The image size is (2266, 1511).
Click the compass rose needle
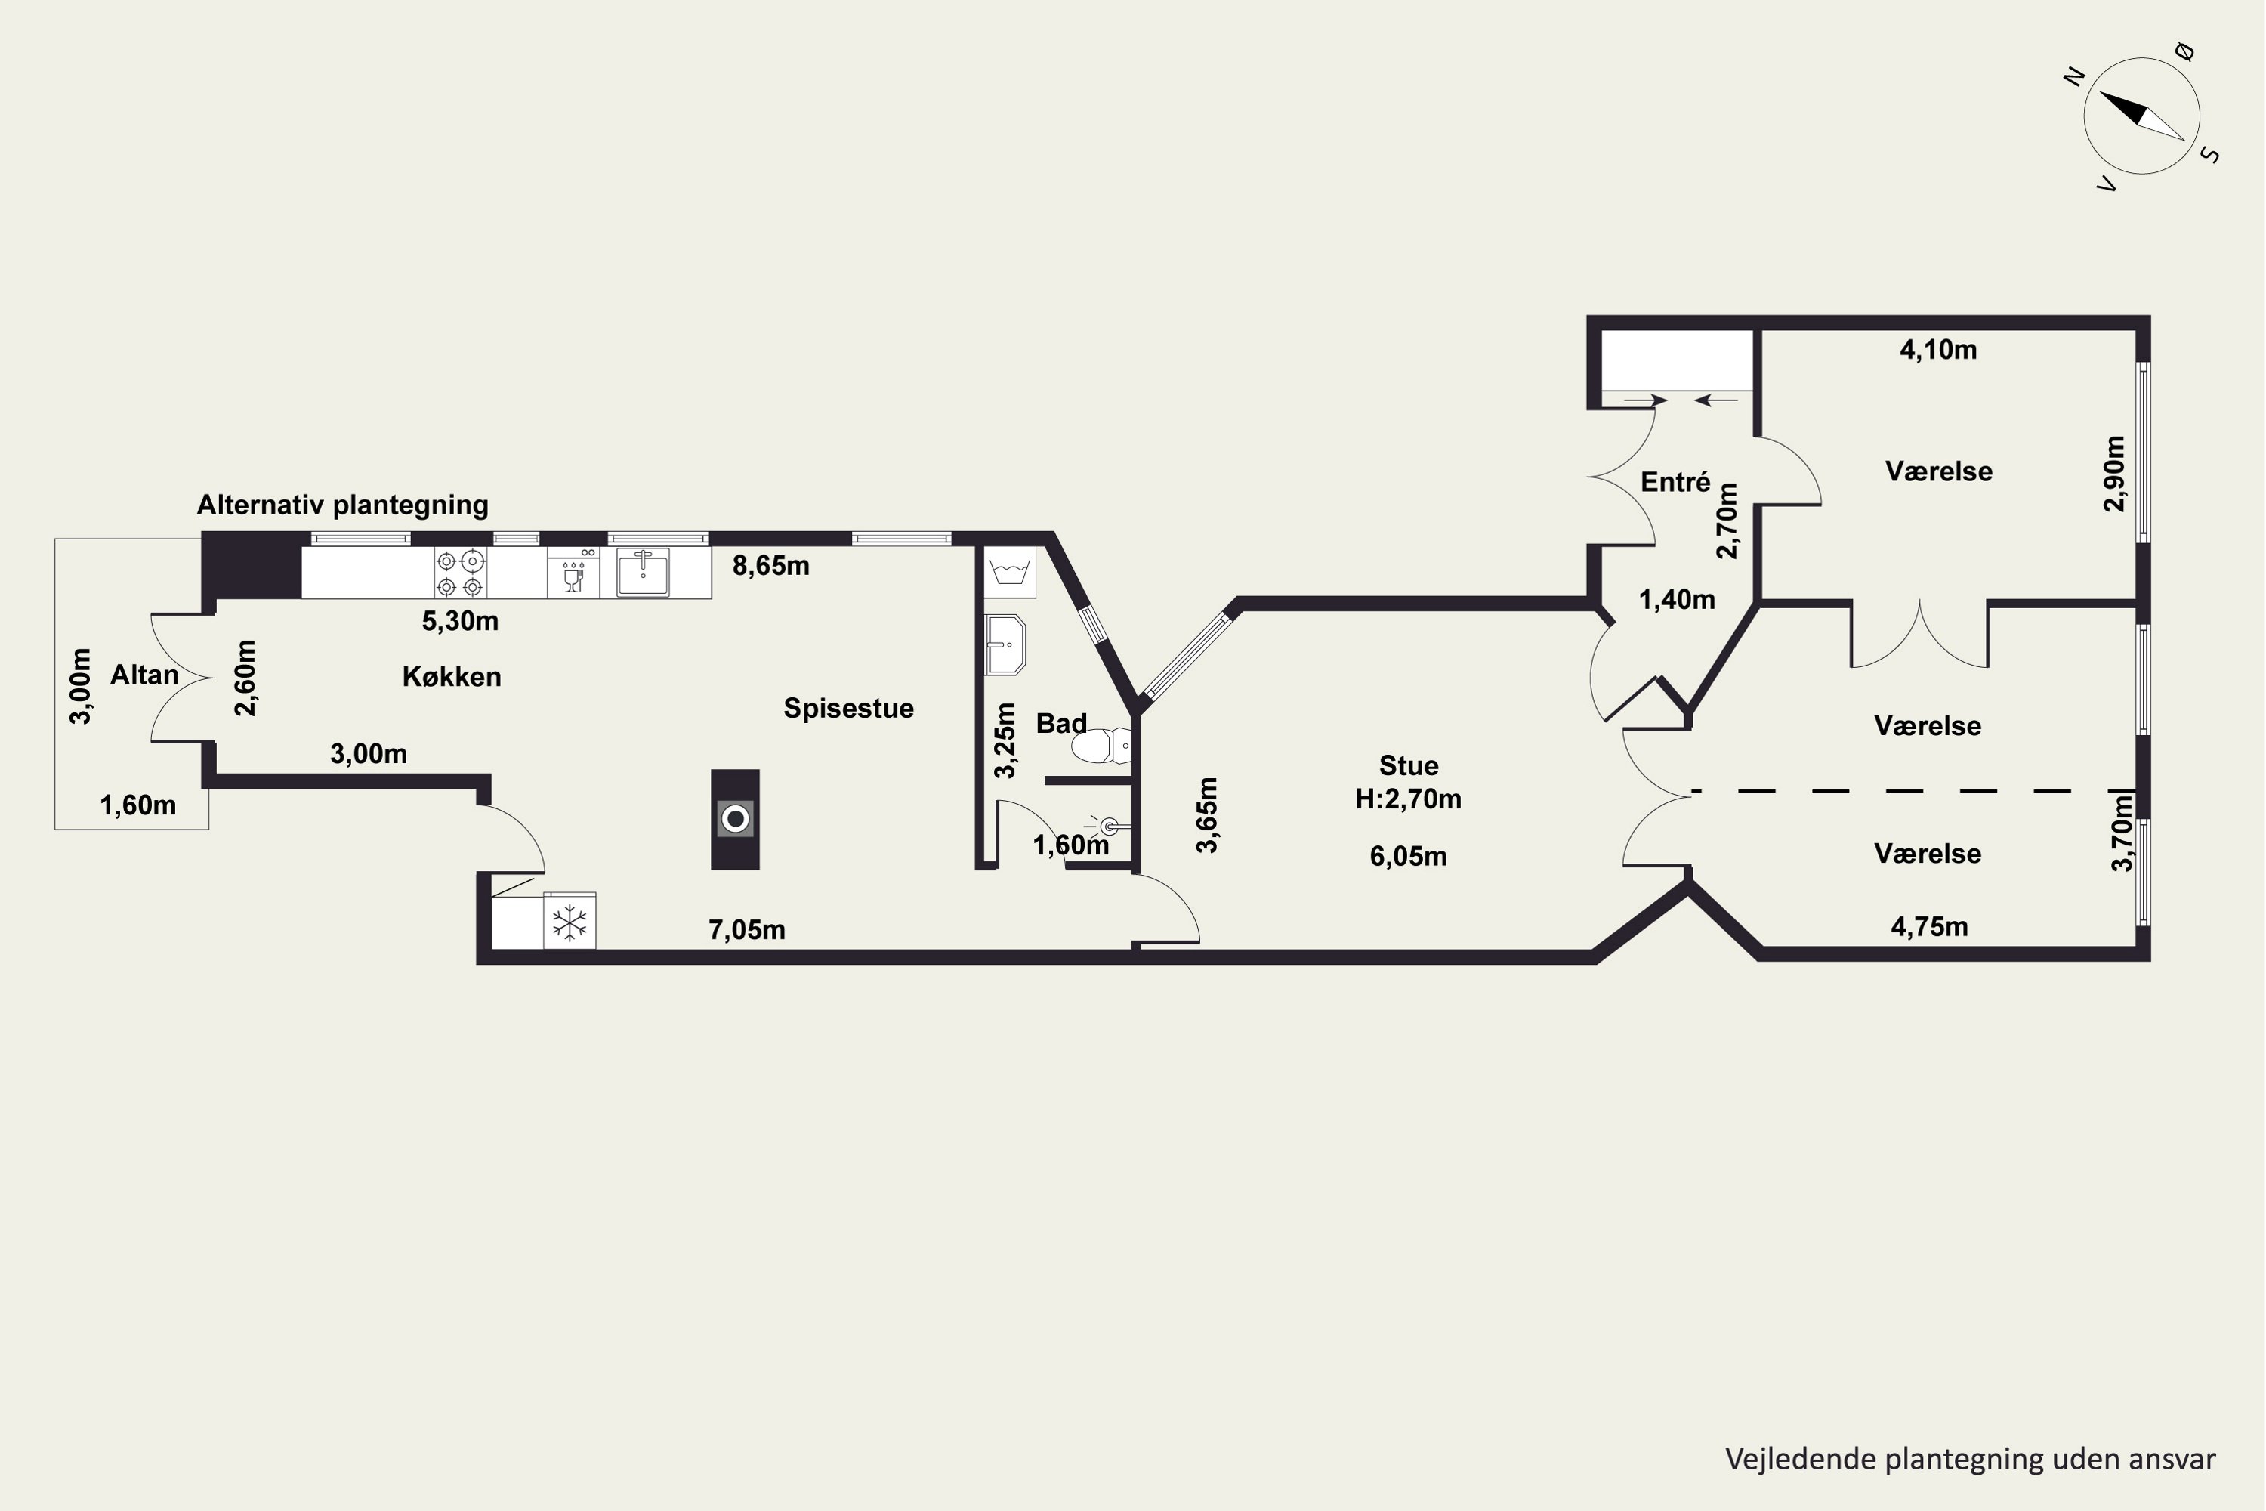click(2141, 115)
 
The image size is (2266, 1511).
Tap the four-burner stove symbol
click(459, 573)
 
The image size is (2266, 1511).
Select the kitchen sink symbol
click(643, 573)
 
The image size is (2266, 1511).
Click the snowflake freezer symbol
click(570, 922)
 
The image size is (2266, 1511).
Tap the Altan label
click(144, 675)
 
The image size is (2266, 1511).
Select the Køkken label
click(452, 676)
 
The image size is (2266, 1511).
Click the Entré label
click(1675, 482)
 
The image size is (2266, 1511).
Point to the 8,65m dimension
click(770, 566)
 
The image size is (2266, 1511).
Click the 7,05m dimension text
click(747, 930)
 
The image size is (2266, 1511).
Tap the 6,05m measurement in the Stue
click(1409, 856)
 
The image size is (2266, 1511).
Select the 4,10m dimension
click(1938, 350)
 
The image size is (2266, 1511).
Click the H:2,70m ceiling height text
click(1409, 799)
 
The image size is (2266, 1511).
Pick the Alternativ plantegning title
click(343, 505)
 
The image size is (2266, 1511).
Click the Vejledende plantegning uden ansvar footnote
click(1970, 1459)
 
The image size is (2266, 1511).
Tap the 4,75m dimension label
click(1930, 927)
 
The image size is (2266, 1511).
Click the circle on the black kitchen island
click(735, 819)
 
